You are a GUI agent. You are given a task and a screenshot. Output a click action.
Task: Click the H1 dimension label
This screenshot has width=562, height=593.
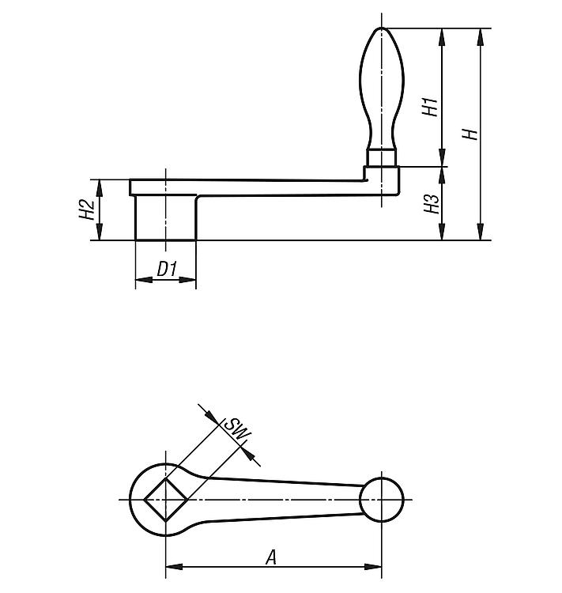[430, 107]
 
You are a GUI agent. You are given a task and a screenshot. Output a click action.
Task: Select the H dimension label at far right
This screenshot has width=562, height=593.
[470, 134]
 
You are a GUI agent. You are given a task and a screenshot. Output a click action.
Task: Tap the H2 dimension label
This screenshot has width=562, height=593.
[86, 210]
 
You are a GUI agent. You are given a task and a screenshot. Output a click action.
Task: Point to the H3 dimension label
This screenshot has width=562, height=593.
[432, 204]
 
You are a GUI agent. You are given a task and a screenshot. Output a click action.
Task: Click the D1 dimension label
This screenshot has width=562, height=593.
[167, 270]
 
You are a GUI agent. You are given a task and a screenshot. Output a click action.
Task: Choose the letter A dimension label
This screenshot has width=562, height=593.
[271, 557]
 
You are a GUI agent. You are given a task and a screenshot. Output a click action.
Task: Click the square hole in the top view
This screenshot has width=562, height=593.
[165, 500]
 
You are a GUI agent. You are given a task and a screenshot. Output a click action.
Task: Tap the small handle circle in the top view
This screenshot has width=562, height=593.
[382, 500]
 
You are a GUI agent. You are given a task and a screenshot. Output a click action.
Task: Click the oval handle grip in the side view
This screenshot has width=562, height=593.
[382, 89]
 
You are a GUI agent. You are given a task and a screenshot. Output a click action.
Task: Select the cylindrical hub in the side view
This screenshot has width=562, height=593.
[165, 217]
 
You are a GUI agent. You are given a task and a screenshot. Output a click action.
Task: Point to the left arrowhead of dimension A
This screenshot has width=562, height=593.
[174, 567]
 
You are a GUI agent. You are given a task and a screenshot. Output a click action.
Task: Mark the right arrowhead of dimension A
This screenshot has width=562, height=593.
[373, 567]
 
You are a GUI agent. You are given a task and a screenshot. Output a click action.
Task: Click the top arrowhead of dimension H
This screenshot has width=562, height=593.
[481, 36]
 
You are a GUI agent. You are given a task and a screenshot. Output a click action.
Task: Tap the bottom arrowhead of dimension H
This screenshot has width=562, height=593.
[481, 232]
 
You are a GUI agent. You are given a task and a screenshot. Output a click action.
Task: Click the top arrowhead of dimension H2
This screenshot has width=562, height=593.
[100, 188]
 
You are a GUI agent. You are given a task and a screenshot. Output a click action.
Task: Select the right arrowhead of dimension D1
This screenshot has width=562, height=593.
[187, 279]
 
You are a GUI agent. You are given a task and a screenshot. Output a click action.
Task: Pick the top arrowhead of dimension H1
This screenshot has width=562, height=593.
[442, 36]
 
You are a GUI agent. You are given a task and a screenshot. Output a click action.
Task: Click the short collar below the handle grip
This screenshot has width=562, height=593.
[382, 158]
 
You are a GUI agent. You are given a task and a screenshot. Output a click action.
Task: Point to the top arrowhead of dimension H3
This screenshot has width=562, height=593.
[442, 175]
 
